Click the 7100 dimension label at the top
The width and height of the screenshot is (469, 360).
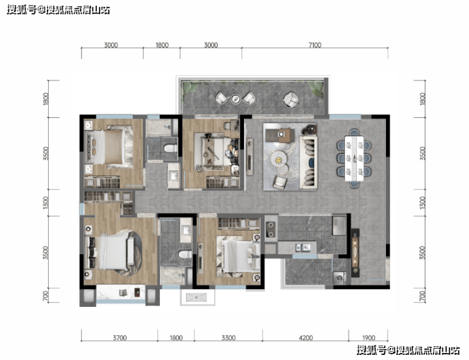pyautogui.click(x=314, y=45)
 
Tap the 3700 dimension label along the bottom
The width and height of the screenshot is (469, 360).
pyautogui.click(x=120, y=338)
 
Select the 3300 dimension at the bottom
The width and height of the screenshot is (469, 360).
pyautogui.click(x=229, y=338)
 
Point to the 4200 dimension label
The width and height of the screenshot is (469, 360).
pyautogui.click(x=305, y=338)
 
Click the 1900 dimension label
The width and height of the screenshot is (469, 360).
pyautogui.click(x=368, y=338)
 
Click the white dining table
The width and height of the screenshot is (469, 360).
pyautogui.click(x=354, y=158)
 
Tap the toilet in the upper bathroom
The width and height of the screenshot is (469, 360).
pyautogui.click(x=170, y=148)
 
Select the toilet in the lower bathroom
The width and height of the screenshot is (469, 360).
pyautogui.click(x=185, y=254)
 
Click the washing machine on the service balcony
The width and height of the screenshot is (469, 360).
pyautogui.click(x=340, y=278)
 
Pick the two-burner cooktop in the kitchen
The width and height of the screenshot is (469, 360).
pyautogui.click(x=271, y=229)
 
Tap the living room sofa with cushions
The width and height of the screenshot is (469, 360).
pyautogui.click(x=309, y=162)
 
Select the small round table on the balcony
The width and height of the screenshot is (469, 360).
pyautogui.click(x=235, y=99)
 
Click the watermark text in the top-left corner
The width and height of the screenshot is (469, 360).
pyautogui.click(x=58, y=10)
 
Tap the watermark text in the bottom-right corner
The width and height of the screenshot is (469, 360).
pyautogui.click(x=408, y=350)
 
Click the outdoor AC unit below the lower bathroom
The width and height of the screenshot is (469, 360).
pyautogui.click(x=197, y=297)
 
